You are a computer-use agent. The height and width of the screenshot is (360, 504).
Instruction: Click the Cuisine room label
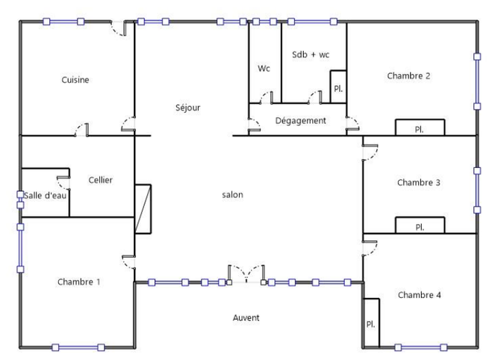75,80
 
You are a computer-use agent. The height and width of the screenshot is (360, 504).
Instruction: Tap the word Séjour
187,108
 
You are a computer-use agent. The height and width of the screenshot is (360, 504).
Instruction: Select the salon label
232,195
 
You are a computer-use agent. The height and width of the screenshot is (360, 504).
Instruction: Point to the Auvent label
246,317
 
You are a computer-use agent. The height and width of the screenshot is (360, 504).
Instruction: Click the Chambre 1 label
78,282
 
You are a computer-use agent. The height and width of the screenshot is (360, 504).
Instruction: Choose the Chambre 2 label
408,75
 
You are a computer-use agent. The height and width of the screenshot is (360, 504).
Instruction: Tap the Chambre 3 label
419,182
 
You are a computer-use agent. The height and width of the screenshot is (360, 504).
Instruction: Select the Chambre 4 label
419,295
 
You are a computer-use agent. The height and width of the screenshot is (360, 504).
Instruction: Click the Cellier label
100,180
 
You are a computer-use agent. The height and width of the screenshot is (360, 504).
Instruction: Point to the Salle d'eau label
46,195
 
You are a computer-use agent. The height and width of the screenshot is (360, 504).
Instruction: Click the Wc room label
264,68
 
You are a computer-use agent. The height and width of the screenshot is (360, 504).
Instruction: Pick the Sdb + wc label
310,55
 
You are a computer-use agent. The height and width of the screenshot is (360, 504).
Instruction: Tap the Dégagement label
300,120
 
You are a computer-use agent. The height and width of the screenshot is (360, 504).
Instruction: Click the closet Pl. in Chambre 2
420,128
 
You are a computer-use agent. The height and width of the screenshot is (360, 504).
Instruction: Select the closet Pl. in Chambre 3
420,226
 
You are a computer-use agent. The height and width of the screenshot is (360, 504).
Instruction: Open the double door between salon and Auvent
246,275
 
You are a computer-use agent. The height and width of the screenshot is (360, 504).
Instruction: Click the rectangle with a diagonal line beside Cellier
143,208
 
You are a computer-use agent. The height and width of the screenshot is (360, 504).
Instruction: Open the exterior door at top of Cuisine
118,28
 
